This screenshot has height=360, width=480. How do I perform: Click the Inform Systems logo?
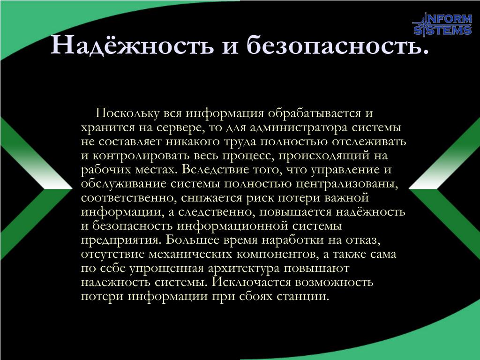click(x=442, y=24)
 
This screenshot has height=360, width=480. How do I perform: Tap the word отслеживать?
click(x=369, y=142)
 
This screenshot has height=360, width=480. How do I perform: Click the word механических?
click(x=190, y=254)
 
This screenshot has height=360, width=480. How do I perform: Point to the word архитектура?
click(x=244, y=268)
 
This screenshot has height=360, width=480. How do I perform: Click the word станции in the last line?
click(x=302, y=296)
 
